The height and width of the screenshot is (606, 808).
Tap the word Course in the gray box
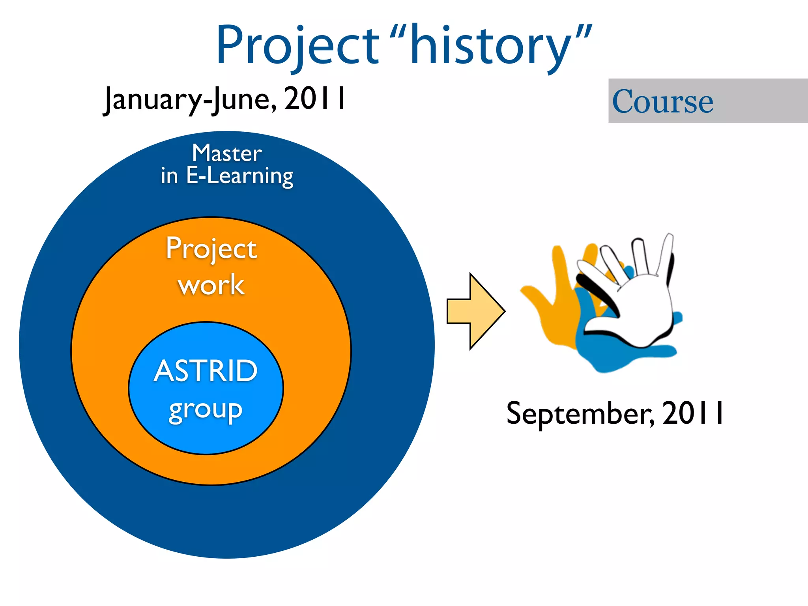[x=663, y=101]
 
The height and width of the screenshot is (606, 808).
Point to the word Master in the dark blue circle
[x=227, y=153]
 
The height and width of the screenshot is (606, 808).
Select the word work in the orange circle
[x=211, y=284]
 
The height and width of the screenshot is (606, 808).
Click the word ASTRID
[x=206, y=371]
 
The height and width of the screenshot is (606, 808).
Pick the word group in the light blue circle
[x=206, y=410]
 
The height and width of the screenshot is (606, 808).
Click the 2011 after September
[x=693, y=413]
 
